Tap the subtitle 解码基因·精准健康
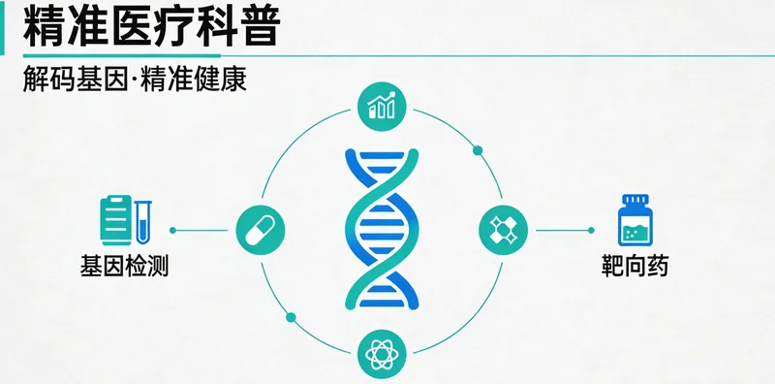click(x=135, y=80)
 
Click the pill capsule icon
click(x=260, y=231)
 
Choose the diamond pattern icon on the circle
click(x=503, y=231)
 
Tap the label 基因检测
click(x=125, y=264)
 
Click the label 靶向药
click(x=635, y=264)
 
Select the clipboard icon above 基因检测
click(x=115, y=219)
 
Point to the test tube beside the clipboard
click(x=143, y=220)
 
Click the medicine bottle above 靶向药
click(x=634, y=221)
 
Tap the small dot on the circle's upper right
click(x=477, y=150)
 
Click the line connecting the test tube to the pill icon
click(x=203, y=231)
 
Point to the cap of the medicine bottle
click(x=634, y=200)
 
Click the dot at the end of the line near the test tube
click(x=172, y=231)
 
